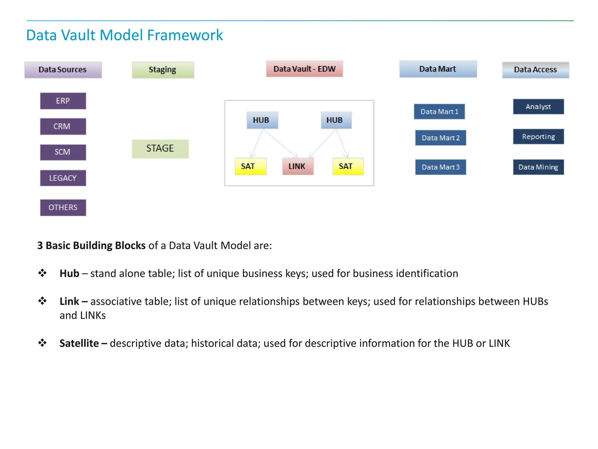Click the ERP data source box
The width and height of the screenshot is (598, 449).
63,101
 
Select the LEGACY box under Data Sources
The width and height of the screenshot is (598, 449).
63,178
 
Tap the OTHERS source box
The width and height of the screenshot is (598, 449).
63,208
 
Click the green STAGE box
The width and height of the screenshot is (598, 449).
160,149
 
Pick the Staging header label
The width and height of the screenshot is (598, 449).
163,70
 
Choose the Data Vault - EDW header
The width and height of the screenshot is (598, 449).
304,69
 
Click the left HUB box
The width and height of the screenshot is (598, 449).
262,120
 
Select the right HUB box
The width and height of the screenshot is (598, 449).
336,120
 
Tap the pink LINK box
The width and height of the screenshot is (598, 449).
298,166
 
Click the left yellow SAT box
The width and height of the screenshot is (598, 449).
250,166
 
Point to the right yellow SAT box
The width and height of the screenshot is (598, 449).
348,166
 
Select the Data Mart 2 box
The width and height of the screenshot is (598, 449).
440,138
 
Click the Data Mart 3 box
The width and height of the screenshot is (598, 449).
440,167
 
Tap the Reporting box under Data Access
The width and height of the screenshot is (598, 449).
538,137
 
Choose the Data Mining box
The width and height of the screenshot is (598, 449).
538,167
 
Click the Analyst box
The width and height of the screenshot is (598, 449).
538,107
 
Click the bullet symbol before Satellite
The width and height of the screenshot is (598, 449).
42,343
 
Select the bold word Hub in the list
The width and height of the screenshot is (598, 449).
69,274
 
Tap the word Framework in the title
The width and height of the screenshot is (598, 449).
185,35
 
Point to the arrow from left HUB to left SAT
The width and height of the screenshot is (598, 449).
257,144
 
